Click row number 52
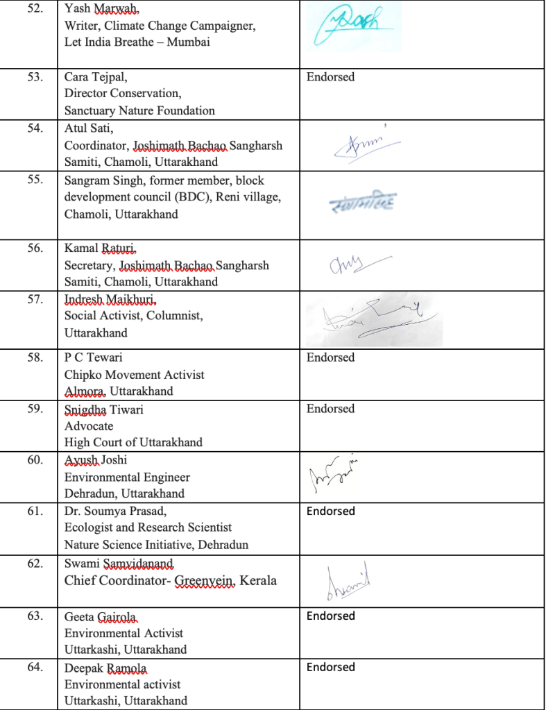[x=34, y=9]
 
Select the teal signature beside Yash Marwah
[x=354, y=26]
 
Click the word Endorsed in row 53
[x=330, y=77]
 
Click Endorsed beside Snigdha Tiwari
[x=330, y=409]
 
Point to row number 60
[x=35, y=459]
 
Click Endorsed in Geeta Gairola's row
[x=330, y=616]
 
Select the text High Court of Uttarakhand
[x=133, y=442]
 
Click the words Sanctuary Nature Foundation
[x=139, y=110]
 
